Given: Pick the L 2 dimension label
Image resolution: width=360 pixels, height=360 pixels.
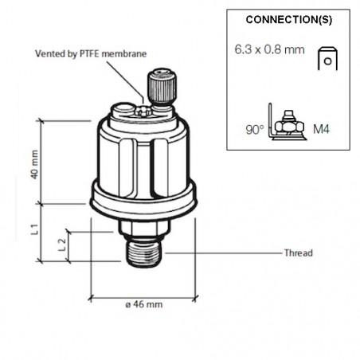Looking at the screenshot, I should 62,245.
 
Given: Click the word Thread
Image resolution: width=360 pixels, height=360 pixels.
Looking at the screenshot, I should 299,253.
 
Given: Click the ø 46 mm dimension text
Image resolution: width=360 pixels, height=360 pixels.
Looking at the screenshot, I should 144,304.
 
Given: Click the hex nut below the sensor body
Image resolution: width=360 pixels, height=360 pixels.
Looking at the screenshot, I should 145,229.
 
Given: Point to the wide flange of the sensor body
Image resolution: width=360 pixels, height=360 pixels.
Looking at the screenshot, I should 143,201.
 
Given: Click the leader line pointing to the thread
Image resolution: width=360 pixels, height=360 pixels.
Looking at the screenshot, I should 223,253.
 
